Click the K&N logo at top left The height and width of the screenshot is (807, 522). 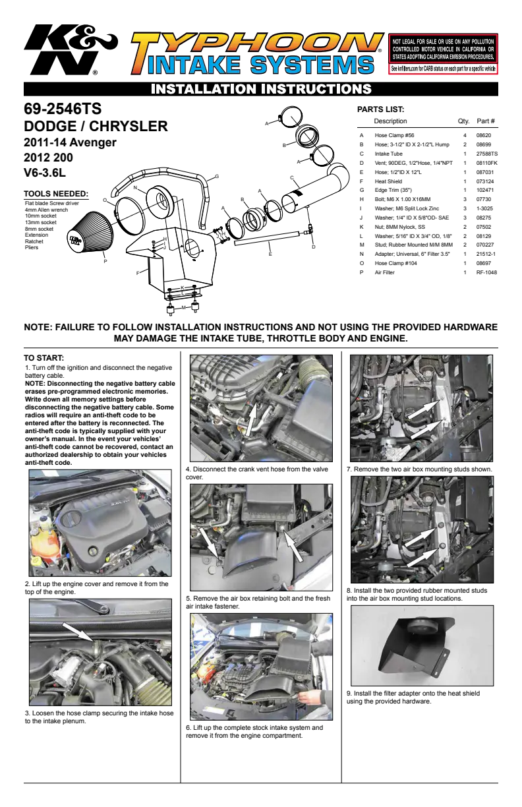71,49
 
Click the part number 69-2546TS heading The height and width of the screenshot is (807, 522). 63,109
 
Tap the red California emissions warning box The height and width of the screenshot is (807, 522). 443,53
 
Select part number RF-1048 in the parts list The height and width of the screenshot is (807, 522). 486,272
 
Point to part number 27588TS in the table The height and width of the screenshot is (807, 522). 486,154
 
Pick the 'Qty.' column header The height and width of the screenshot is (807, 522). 463,121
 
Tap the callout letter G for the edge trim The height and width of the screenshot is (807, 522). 217,177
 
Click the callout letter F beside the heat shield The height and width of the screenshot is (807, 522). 138,273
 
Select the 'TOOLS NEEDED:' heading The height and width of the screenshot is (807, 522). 56,194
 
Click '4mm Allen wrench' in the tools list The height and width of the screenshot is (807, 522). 47,210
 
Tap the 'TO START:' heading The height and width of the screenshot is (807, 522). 43,358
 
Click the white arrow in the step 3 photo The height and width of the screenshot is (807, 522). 78,632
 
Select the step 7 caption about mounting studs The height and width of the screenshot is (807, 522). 419,469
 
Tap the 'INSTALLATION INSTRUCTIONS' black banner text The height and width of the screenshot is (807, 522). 261,89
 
